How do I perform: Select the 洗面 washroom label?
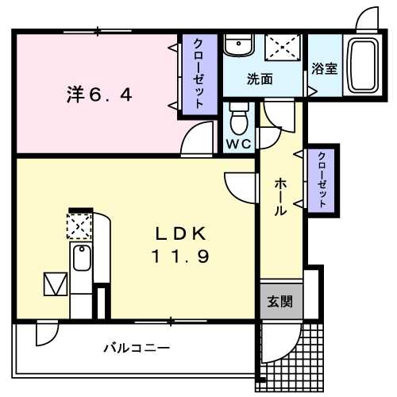260,79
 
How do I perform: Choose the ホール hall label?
281,196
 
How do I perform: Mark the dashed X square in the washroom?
283,46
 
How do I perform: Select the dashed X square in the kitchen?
80,228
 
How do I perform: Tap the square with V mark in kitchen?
56,283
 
